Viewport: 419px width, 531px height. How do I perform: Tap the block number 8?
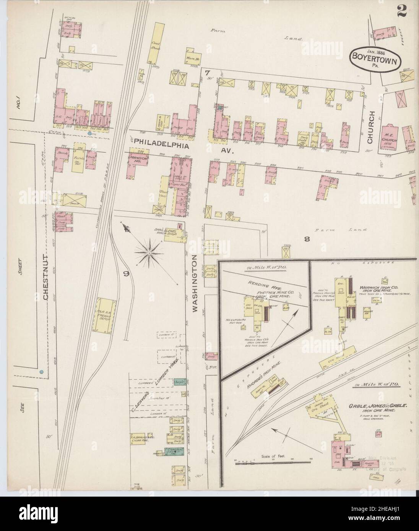(306, 240)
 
